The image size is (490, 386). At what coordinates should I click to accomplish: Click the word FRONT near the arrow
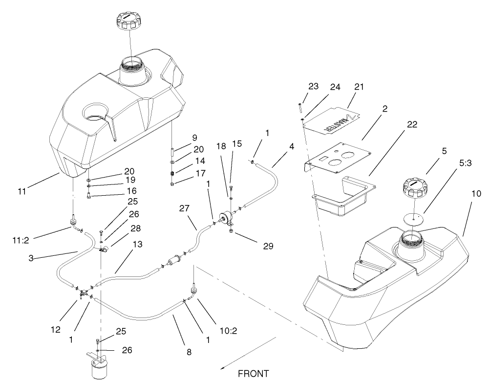[x=253, y=374]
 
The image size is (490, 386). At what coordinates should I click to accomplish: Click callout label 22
[x=411, y=125]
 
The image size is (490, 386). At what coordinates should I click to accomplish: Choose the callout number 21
[x=360, y=87]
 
